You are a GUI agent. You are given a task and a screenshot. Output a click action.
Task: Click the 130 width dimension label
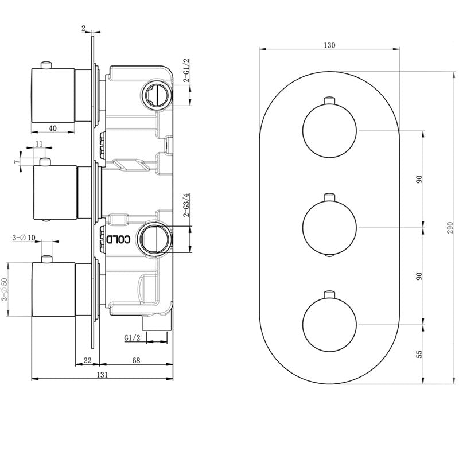[329, 45]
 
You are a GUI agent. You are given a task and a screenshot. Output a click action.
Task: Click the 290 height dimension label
[450, 228]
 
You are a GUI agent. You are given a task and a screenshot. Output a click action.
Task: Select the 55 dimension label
[419, 354]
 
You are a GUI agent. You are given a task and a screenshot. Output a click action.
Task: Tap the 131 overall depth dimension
[102, 375]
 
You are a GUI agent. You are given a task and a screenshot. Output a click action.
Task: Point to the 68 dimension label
[136, 360]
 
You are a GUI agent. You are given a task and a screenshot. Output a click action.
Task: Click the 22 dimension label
[88, 360]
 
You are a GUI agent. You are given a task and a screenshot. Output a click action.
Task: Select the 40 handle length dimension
[53, 128]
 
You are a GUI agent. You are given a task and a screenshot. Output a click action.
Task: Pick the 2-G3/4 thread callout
[186, 205]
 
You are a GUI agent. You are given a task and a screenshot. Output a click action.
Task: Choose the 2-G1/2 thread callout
[186, 70]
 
